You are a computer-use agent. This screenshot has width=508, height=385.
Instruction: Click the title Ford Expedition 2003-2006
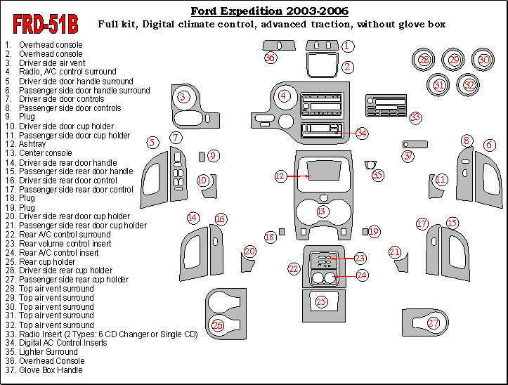tap(270, 11)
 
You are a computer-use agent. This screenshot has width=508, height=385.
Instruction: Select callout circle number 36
tap(271, 58)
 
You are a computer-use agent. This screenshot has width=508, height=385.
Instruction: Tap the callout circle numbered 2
tap(348, 67)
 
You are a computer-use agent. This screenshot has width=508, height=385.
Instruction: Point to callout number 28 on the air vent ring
tap(424, 60)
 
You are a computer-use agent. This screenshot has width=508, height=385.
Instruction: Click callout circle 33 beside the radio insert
tap(415, 117)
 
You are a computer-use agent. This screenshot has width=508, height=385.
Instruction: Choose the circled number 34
tap(362, 132)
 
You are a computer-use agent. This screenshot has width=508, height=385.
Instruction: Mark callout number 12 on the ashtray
tap(280, 176)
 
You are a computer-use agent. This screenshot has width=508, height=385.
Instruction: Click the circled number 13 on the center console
tap(322, 211)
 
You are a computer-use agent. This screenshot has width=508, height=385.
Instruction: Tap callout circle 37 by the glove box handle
tap(408, 157)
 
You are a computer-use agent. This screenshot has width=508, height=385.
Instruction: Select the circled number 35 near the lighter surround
tap(378, 175)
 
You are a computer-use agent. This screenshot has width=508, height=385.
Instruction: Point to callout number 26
tap(218, 325)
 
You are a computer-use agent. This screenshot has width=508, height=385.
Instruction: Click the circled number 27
tap(434, 322)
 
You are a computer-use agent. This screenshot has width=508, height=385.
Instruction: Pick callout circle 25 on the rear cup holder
tap(321, 301)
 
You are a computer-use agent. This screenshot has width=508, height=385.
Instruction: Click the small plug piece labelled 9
tap(202, 156)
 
